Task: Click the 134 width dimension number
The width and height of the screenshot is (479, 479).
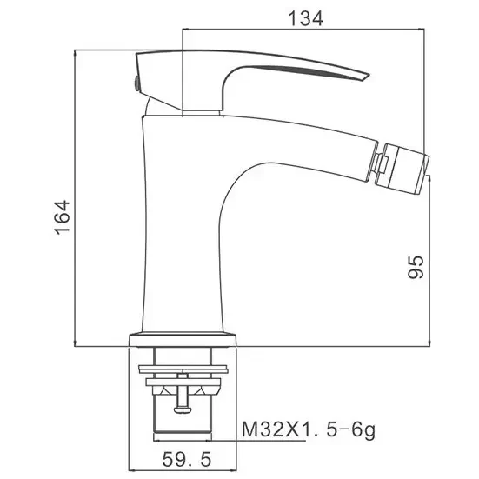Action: pyautogui.click(x=305, y=18)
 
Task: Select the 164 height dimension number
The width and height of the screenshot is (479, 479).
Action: pyautogui.click(x=63, y=217)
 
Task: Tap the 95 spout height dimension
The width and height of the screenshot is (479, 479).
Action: pyautogui.click(x=416, y=267)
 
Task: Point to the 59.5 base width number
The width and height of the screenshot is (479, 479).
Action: pyautogui.click(x=187, y=460)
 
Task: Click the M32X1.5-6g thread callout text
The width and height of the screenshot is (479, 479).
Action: pyautogui.click(x=309, y=429)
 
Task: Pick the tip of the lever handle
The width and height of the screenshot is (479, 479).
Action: pyautogui.click(x=369, y=75)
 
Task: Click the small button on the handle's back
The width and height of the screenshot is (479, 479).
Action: pyautogui.click(x=136, y=83)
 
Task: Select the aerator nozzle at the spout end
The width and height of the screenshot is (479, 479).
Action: pyautogui.click(x=402, y=170)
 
